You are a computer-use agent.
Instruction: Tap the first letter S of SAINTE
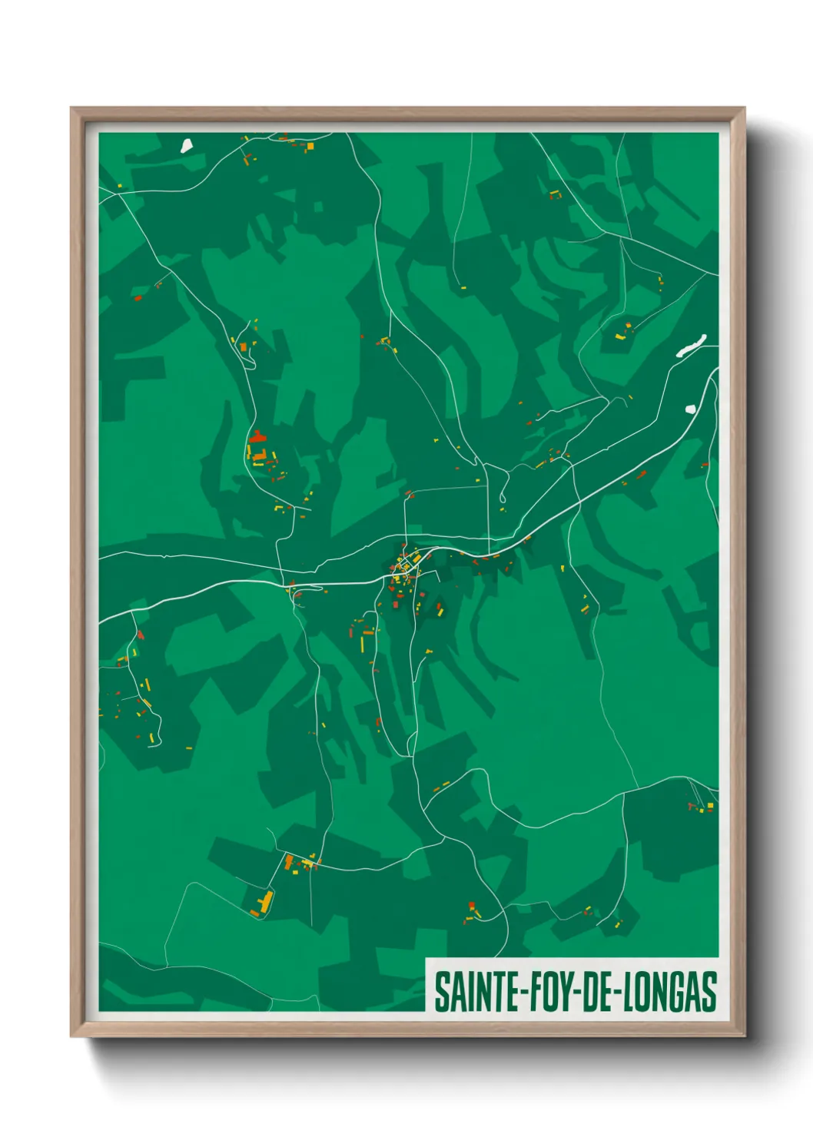click(x=441, y=992)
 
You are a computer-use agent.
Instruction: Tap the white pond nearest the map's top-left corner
click(x=186, y=144)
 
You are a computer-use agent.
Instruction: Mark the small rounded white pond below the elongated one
click(x=690, y=409)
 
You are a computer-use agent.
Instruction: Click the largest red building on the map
click(x=256, y=436)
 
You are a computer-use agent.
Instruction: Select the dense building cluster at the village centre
click(x=403, y=568)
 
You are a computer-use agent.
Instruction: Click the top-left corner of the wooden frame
click(x=72, y=109)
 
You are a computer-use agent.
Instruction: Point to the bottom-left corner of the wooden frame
click(x=72, y=1036)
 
